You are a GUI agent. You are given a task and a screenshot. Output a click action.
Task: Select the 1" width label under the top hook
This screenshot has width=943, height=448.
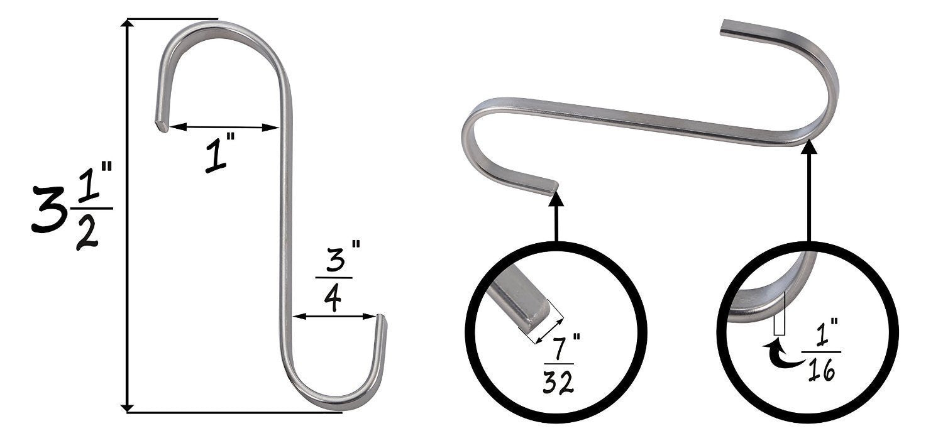pyautogui.click(x=218, y=156)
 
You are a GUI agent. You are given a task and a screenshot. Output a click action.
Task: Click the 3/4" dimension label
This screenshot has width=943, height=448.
pyautogui.click(x=335, y=277)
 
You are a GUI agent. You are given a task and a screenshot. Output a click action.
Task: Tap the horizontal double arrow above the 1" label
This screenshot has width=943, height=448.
pyautogui.click(x=224, y=127)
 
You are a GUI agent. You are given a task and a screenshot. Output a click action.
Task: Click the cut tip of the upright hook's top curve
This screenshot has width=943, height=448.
pyautogui.click(x=162, y=126)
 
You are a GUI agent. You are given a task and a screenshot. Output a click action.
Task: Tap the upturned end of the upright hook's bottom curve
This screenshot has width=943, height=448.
pyautogui.click(x=382, y=320)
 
